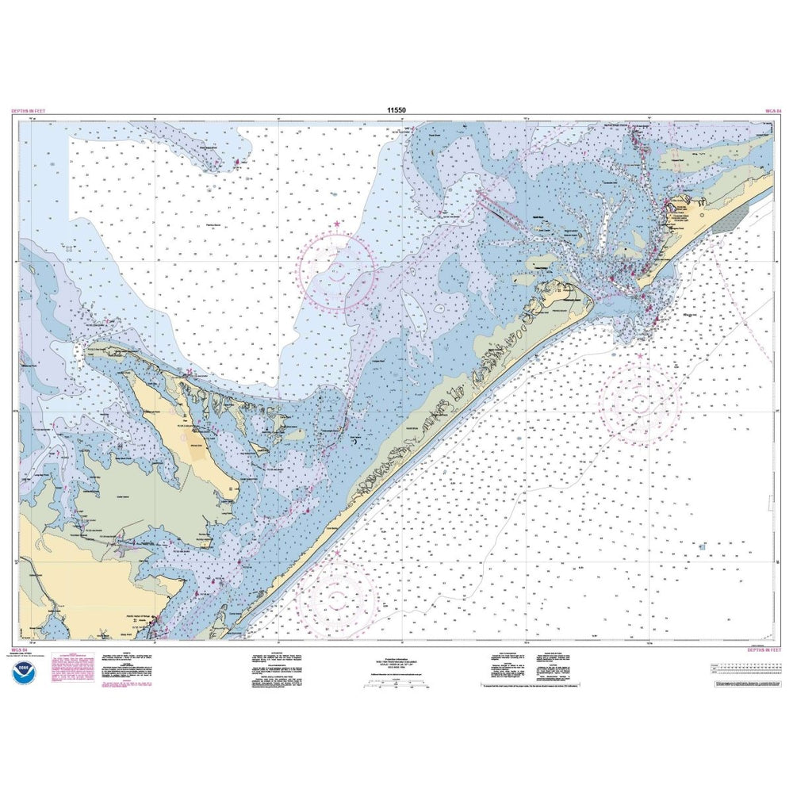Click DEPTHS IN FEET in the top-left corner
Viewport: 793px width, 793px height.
point(29,112)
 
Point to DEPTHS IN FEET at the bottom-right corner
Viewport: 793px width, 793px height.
point(764,649)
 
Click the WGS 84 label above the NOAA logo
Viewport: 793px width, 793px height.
point(19,649)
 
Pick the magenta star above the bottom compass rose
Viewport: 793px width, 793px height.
point(335,552)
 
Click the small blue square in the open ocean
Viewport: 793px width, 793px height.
point(702,546)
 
